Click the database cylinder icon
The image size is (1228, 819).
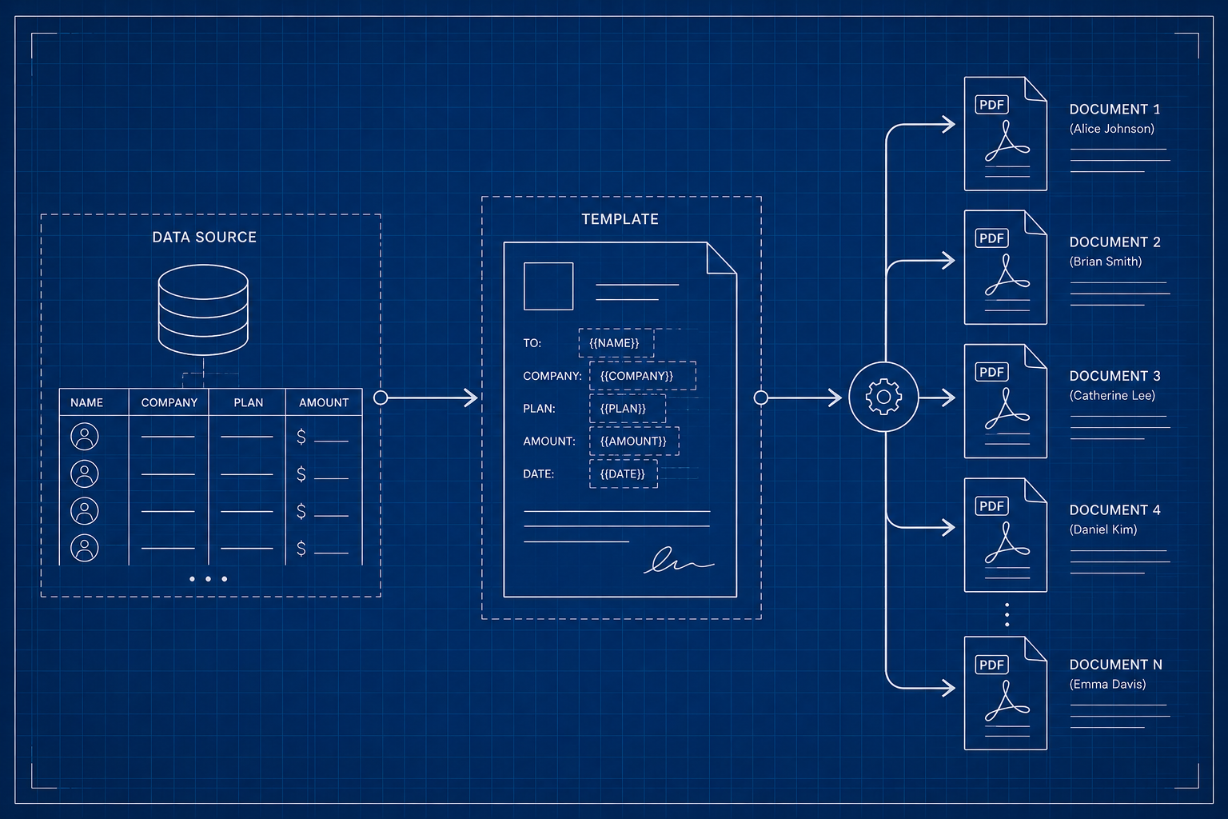203,310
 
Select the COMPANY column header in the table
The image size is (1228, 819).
169,402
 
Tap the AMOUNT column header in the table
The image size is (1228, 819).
324,402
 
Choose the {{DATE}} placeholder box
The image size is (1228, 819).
624,474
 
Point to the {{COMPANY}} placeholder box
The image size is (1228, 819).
643,376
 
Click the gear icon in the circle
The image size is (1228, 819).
883,397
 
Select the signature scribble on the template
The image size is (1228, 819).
679,561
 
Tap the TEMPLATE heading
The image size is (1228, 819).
620,219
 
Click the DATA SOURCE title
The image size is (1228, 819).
204,237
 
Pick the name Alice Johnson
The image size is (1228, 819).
1112,129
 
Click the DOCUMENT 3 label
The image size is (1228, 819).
1115,376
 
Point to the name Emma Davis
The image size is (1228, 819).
1107,684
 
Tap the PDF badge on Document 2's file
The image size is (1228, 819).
991,238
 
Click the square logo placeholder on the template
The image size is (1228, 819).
548,286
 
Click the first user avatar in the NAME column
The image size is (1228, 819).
85,437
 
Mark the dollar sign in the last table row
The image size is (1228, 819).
301,548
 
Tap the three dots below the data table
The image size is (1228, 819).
208,579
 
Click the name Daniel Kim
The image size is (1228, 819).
1103,529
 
